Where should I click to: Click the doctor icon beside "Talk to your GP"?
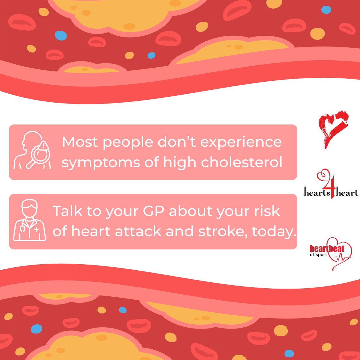(x=29, y=221)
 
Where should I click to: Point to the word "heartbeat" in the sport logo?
(x=327, y=248)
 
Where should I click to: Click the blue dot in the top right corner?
(x=326, y=10)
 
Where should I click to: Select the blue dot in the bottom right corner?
(x=289, y=353)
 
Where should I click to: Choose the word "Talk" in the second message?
(x=68, y=211)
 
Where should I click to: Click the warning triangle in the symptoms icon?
(x=44, y=146)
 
